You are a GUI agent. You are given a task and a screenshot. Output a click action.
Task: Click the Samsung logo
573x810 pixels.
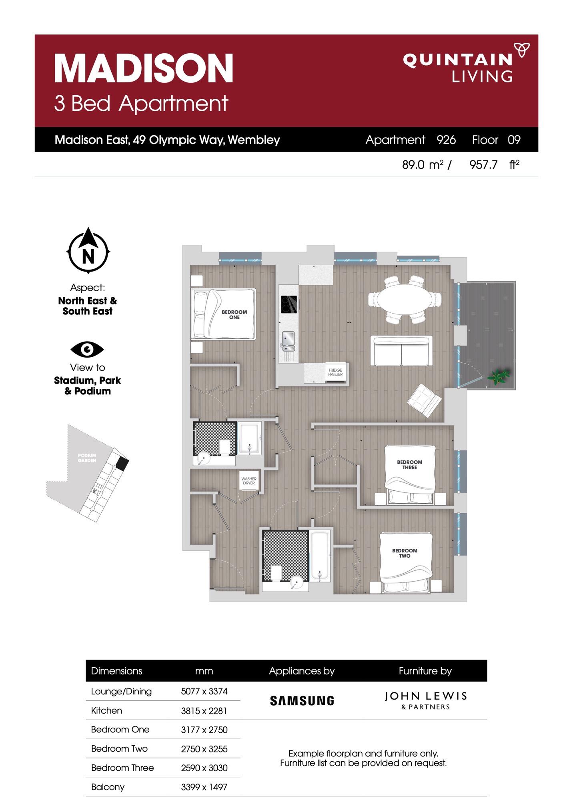[x=302, y=700]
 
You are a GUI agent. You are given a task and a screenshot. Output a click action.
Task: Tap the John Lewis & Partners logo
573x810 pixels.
[x=425, y=700]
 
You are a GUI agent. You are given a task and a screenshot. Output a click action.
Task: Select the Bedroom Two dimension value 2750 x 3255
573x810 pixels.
[x=204, y=748]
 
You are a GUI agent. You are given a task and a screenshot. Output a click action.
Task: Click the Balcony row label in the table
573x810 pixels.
[x=108, y=787]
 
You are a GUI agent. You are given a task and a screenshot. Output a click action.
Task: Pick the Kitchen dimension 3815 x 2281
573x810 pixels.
[x=204, y=711]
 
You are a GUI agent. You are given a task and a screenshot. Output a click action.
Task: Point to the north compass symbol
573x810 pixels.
[x=88, y=251]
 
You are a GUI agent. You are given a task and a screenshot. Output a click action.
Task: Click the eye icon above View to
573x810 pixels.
[x=87, y=349]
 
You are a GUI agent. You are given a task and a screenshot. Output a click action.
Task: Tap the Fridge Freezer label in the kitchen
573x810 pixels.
[x=335, y=372]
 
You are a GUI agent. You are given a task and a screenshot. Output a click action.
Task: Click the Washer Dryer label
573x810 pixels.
[x=249, y=481]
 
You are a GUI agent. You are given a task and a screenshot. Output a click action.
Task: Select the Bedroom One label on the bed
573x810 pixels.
[x=234, y=314]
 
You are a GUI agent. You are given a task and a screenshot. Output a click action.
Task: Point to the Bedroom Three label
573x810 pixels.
[x=409, y=464]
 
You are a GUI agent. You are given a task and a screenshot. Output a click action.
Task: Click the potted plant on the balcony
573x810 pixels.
[x=498, y=376]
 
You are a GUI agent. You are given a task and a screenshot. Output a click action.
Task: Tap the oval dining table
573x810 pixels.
[x=405, y=300]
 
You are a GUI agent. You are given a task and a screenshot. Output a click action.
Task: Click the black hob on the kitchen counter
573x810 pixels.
[x=289, y=304]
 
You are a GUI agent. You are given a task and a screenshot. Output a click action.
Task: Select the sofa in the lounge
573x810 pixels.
[x=401, y=351]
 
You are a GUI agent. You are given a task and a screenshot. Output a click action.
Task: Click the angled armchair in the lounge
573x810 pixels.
[x=425, y=400]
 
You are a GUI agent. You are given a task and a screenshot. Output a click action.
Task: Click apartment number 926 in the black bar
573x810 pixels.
[x=446, y=140]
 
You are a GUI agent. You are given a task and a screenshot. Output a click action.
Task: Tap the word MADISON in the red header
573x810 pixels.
[x=144, y=68]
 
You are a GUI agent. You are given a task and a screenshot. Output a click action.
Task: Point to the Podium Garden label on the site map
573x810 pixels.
[x=87, y=458]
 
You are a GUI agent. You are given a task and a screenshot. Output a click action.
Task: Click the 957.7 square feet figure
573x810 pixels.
[x=483, y=164]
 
